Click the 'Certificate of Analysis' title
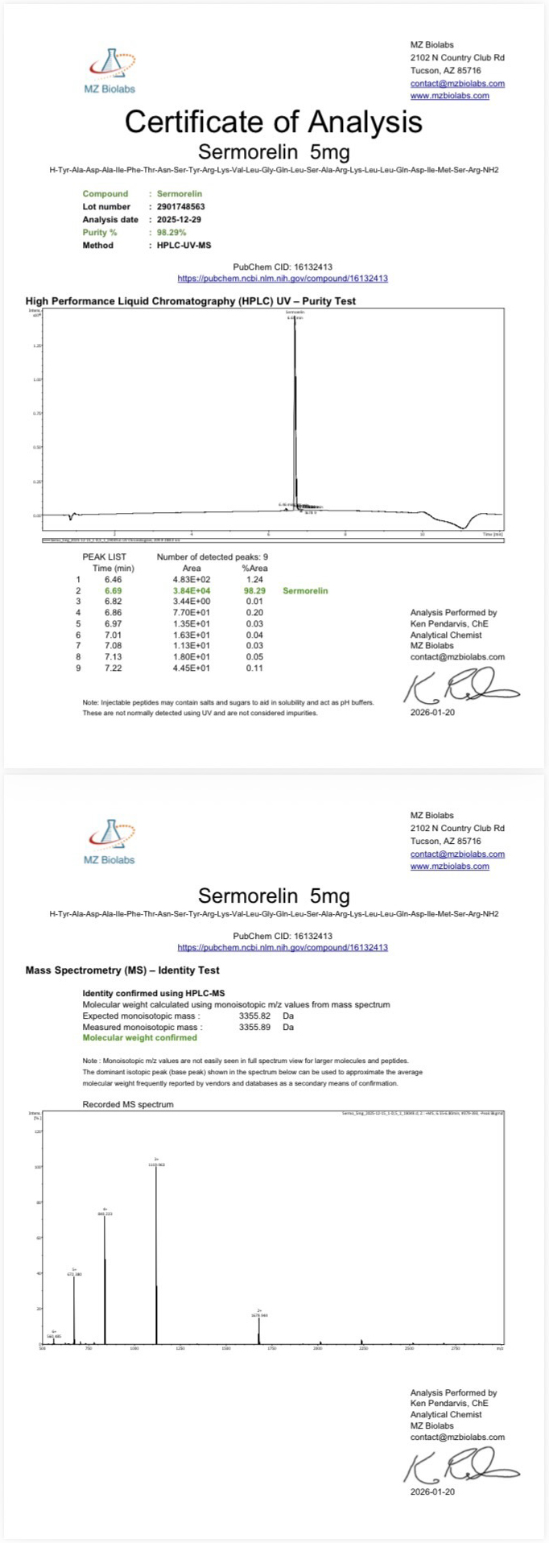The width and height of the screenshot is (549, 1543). tap(273, 122)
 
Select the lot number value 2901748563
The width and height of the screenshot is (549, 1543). tap(180, 207)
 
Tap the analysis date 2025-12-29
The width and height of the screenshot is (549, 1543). tap(179, 220)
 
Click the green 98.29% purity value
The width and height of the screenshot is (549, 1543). tap(171, 233)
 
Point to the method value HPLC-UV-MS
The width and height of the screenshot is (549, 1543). tap(184, 246)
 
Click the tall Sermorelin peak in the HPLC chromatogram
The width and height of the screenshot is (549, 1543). tap(295, 403)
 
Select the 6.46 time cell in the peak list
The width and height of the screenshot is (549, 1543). tap(113, 580)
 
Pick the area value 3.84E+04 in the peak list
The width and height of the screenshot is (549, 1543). tap(192, 591)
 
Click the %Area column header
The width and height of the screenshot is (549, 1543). tap(254, 569)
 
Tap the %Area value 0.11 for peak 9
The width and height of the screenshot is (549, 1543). tap(254, 668)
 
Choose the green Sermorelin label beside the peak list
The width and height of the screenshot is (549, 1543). tap(305, 591)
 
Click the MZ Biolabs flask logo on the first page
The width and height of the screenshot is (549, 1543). tap(110, 64)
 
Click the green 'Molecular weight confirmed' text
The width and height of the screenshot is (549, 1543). tap(139, 1038)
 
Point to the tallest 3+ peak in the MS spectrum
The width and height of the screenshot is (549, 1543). tap(156, 1248)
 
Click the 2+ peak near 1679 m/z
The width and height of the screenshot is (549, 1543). tap(258, 1329)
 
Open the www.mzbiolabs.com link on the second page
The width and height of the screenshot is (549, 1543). tap(449, 867)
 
